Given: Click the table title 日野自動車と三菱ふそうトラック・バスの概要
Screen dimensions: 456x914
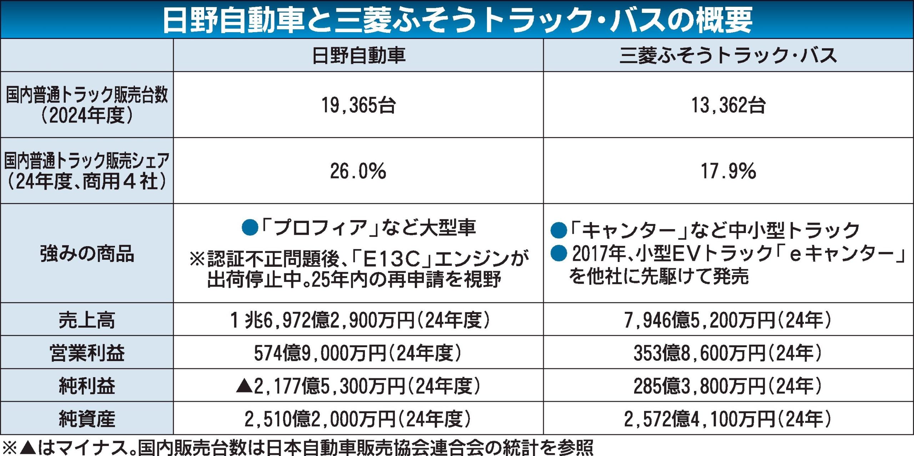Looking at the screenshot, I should pos(457,20).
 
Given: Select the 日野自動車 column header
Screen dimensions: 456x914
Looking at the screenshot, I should pos(358,56).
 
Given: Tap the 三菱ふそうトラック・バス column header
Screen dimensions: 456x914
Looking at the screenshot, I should pos(728,56).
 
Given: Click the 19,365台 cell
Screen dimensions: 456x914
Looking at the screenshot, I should pos(358,105).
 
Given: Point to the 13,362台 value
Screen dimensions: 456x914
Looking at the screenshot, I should pos(728,105).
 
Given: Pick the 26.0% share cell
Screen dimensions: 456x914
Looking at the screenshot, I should pos(358,171).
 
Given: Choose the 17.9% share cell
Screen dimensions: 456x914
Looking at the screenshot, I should pos(728,171).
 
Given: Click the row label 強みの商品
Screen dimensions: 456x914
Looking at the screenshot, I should pos(87,254).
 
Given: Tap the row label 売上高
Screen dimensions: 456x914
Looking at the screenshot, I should pos(87,320).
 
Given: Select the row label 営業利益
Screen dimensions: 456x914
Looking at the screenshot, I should pos(87,353).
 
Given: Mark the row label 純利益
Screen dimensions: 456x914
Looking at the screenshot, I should pos(87,386).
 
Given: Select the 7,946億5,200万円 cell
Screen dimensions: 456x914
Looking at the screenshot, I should pos(728,320).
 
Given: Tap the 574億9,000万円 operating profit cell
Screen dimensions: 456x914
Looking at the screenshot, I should pos(357,353).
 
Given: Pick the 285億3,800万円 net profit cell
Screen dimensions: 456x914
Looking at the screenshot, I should pos(728,386).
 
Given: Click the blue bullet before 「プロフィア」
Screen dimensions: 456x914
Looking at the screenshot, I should pos(250,228).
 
